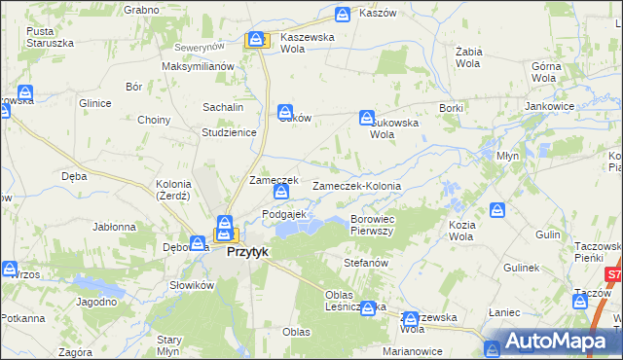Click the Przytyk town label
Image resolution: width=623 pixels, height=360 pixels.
point(247,251)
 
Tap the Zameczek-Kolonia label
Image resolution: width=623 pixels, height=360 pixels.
point(356,185)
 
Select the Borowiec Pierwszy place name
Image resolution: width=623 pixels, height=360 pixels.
point(371,225)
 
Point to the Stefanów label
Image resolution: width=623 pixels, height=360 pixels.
point(367,263)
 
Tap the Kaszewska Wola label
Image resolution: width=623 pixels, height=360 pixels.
point(308,43)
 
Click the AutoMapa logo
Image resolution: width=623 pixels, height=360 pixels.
point(554,342)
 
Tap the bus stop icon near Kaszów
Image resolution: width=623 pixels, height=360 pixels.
point(342,15)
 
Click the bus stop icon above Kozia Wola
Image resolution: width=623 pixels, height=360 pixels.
point(497,209)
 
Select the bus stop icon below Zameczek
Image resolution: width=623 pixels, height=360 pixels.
point(280,193)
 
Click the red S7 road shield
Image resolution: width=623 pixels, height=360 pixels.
point(613,275)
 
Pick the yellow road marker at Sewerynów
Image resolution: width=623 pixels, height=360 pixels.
point(256,40)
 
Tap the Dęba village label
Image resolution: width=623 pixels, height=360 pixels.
point(74,176)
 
